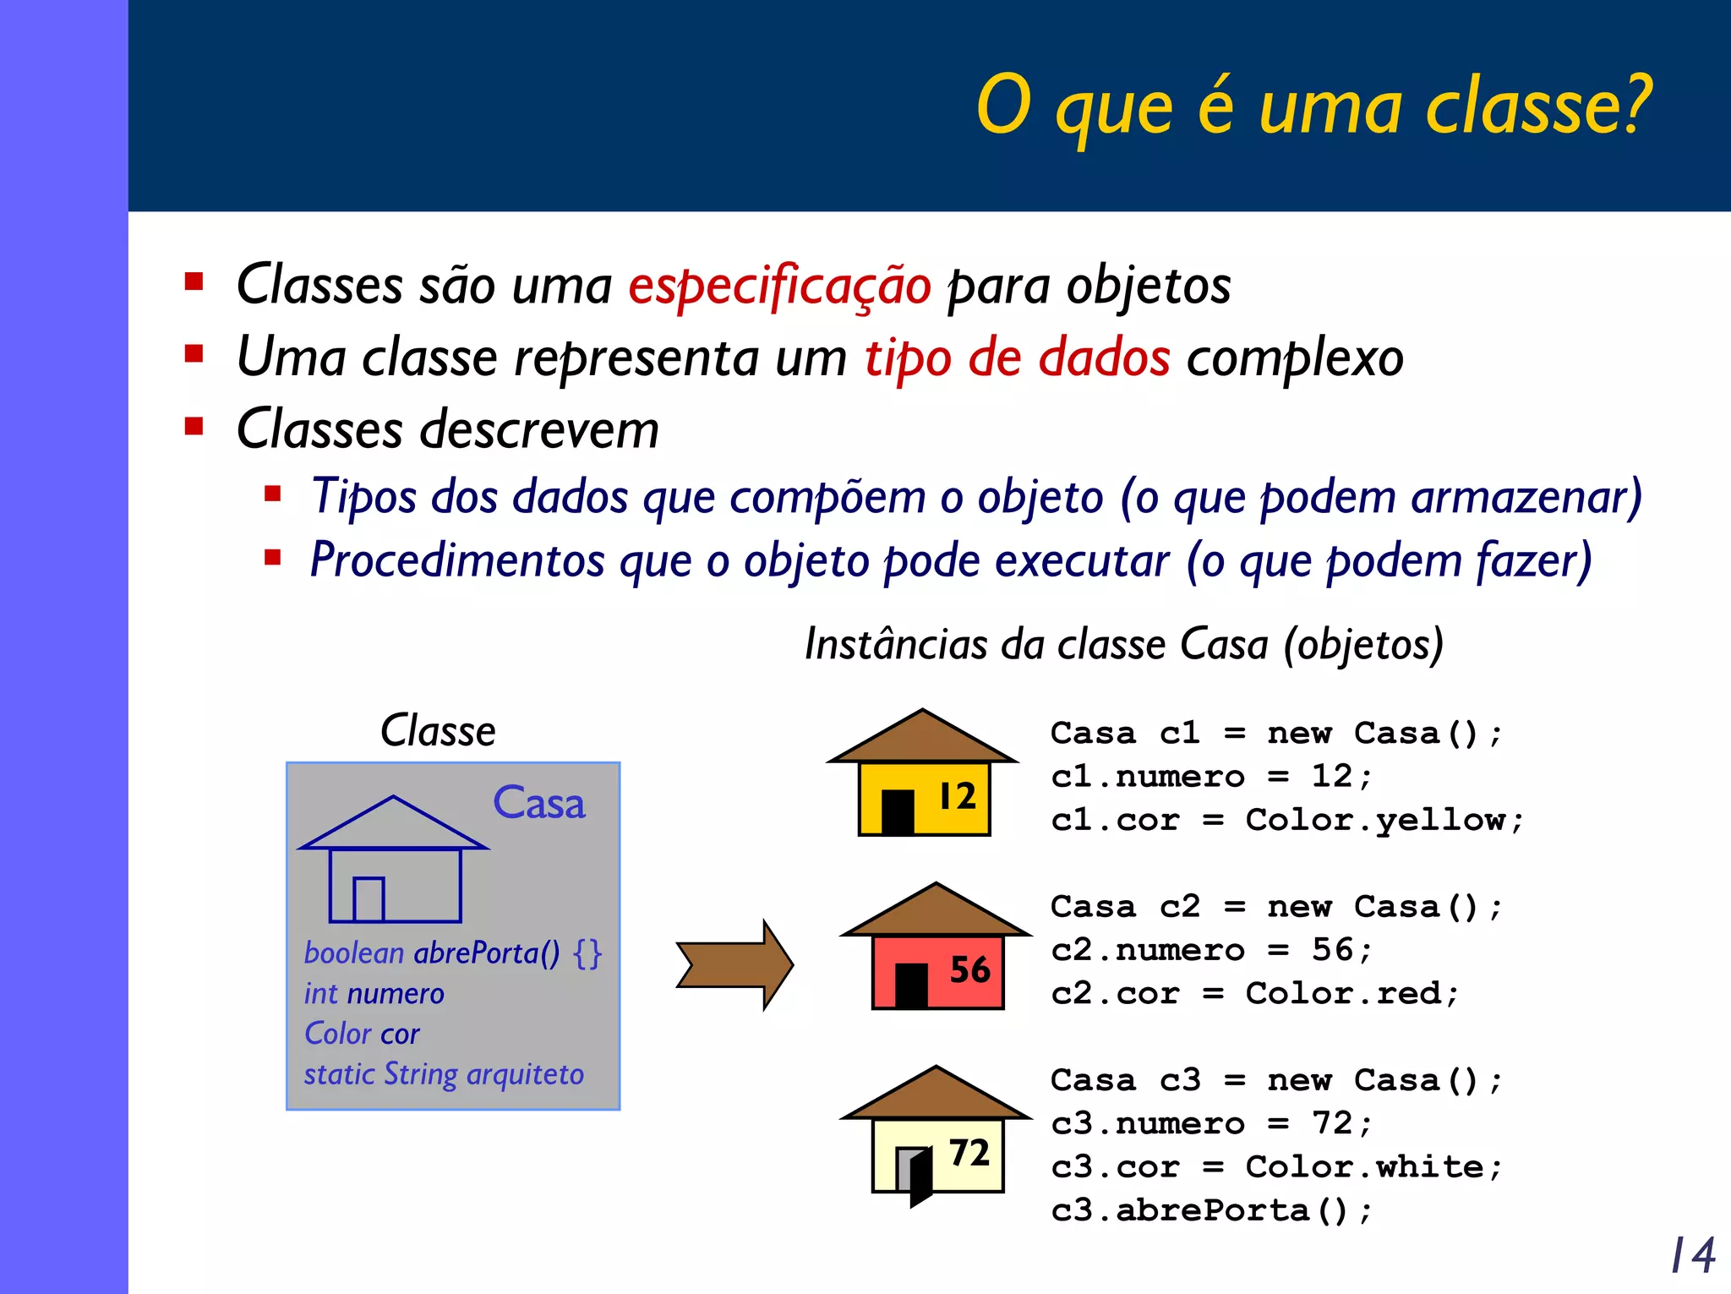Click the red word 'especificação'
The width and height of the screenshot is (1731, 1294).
click(779, 286)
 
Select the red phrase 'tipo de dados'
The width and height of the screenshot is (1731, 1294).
click(1017, 358)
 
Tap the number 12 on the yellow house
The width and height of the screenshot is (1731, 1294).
click(958, 796)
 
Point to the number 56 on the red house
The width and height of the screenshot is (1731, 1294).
click(969, 969)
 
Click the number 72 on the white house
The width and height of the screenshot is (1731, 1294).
click(969, 1153)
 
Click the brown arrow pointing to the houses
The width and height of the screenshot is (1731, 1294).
click(734, 965)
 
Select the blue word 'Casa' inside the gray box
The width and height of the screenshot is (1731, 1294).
click(538, 803)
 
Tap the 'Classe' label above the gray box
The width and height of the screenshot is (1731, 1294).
click(438, 731)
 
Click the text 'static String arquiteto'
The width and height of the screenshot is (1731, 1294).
click(444, 1074)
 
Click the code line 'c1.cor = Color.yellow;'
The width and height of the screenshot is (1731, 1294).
click(1286, 821)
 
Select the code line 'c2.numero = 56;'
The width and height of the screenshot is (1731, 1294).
click(1211, 950)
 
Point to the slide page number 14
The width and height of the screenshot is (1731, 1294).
click(1693, 1255)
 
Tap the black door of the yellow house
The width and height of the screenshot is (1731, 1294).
click(898, 811)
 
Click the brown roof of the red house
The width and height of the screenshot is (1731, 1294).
click(936, 912)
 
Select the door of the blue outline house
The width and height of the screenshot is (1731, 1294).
click(369, 899)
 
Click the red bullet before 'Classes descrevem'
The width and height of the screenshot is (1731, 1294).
click(194, 426)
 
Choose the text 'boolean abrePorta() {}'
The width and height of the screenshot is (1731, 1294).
click(452, 953)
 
